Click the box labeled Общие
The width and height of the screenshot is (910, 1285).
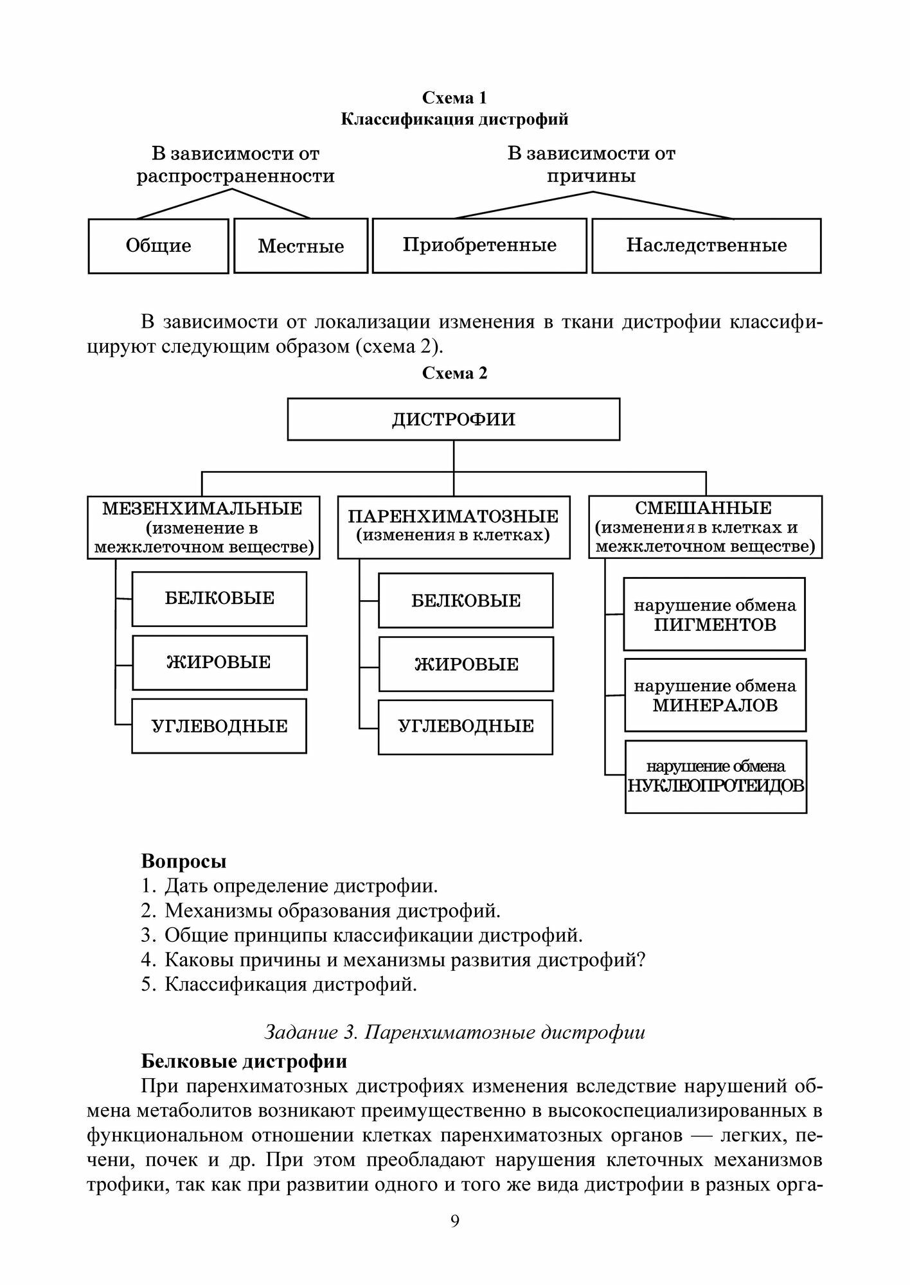pyautogui.click(x=158, y=246)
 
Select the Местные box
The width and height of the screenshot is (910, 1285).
pyautogui.click(x=301, y=246)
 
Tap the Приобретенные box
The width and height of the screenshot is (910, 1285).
pyautogui.click(x=479, y=245)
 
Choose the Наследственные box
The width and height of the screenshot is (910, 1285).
pyautogui.click(x=706, y=245)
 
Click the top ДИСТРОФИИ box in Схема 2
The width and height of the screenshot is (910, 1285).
pyautogui.click(x=454, y=419)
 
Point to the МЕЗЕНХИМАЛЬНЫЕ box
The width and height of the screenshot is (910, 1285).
pyautogui.click(x=203, y=527)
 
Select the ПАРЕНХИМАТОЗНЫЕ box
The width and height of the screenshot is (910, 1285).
pyautogui.click(x=454, y=526)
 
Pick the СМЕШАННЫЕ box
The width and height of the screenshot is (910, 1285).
pyautogui.click(x=705, y=527)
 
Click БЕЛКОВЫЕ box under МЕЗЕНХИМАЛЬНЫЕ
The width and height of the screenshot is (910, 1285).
pyautogui.click(x=219, y=599)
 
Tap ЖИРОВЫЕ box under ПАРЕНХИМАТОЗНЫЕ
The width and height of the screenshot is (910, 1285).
pyautogui.click(x=466, y=664)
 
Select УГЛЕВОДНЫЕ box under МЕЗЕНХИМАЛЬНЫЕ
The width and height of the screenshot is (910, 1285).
pyautogui.click(x=219, y=726)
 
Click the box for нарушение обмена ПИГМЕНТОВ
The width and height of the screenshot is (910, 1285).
pyautogui.click(x=715, y=614)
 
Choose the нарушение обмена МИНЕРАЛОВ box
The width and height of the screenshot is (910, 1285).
pyautogui.click(x=715, y=695)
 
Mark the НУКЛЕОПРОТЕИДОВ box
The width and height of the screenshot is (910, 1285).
pyautogui.click(x=716, y=776)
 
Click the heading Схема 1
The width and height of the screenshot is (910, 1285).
pyautogui.click(x=454, y=98)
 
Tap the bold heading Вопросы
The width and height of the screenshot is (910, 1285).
pyautogui.click(x=184, y=861)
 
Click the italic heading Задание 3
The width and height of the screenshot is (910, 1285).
pyautogui.click(x=454, y=1032)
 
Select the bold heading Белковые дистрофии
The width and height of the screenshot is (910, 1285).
pyautogui.click(x=244, y=1061)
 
